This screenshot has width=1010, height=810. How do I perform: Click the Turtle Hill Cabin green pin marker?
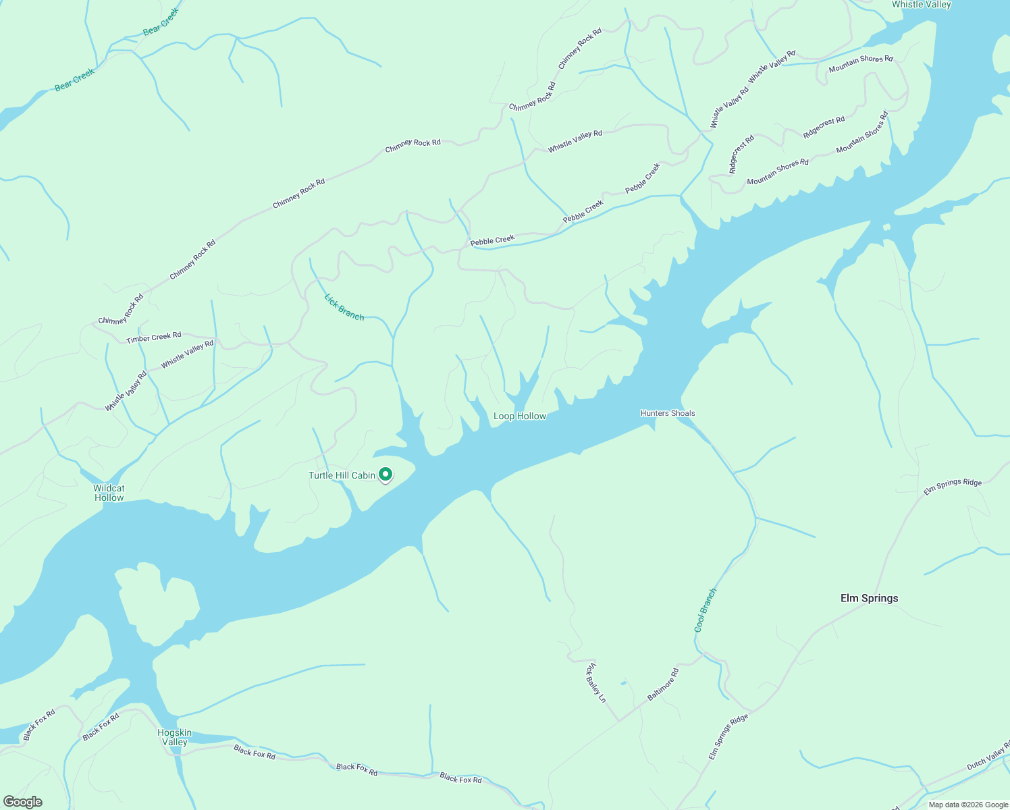[x=386, y=475]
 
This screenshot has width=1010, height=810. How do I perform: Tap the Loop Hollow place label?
[x=519, y=416]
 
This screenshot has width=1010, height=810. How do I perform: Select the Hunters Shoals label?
[x=667, y=413]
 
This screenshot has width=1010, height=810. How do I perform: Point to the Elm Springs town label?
[x=869, y=598]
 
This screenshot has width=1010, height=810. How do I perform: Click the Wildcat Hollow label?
[x=109, y=493]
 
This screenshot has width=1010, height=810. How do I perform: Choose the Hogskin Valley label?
[x=174, y=737]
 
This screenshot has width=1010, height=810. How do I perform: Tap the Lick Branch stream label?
[x=344, y=307]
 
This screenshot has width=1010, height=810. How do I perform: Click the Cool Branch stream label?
[x=705, y=610]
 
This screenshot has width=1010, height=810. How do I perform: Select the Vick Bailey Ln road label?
[x=595, y=682]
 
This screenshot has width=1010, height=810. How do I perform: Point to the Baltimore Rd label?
[x=663, y=684]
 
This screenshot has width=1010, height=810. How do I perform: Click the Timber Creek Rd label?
[x=153, y=337]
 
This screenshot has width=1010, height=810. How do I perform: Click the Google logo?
[x=22, y=802]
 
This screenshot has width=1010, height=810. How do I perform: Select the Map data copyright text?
[x=967, y=805]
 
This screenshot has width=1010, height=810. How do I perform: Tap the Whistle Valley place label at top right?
[x=921, y=5]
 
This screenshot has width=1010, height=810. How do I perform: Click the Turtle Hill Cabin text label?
[x=342, y=475]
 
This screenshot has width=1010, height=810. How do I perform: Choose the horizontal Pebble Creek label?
[x=492, y=240]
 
